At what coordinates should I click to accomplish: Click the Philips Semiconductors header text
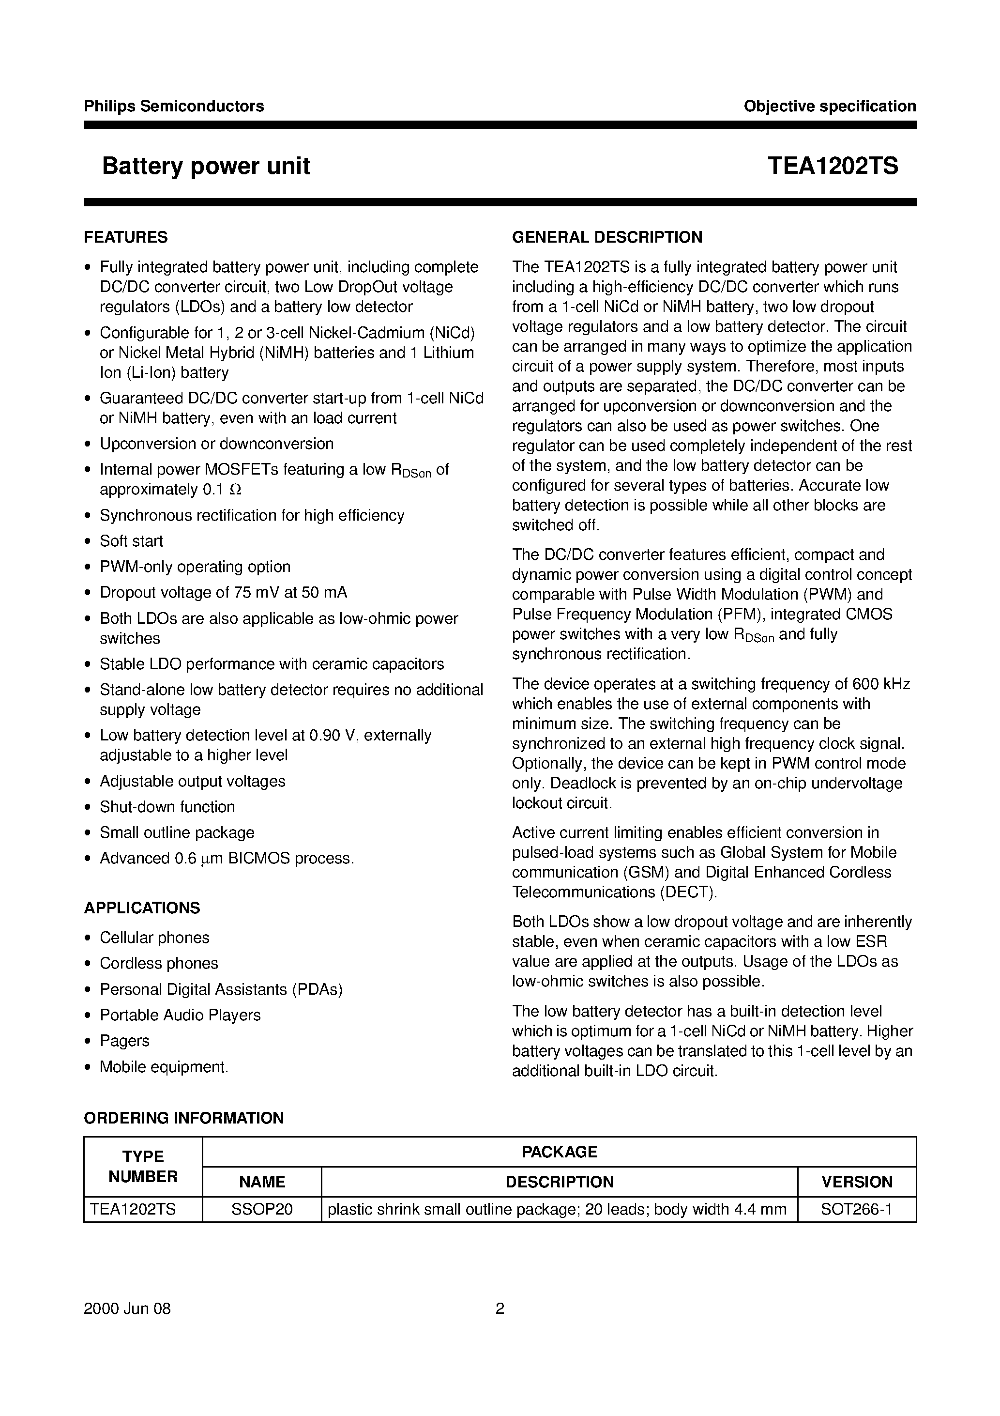coord(174,106)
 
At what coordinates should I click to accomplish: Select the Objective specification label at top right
coord(829,106)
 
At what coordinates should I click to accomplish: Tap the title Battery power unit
coord(206,167)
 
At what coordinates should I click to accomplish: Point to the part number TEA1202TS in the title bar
coord(833,167)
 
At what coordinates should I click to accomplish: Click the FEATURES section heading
coord(126,237)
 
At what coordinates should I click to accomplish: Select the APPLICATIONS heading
coord(142,908)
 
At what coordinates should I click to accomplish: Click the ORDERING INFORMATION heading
coord(184,1118)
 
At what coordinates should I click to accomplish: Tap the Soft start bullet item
coord(131,541)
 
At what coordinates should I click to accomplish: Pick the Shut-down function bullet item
coord(167,807)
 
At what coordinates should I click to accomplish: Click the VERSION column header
coord(856,1182)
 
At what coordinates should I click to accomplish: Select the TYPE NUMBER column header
coord(143,1166)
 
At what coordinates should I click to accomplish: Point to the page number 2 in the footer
coord(500,1308)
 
